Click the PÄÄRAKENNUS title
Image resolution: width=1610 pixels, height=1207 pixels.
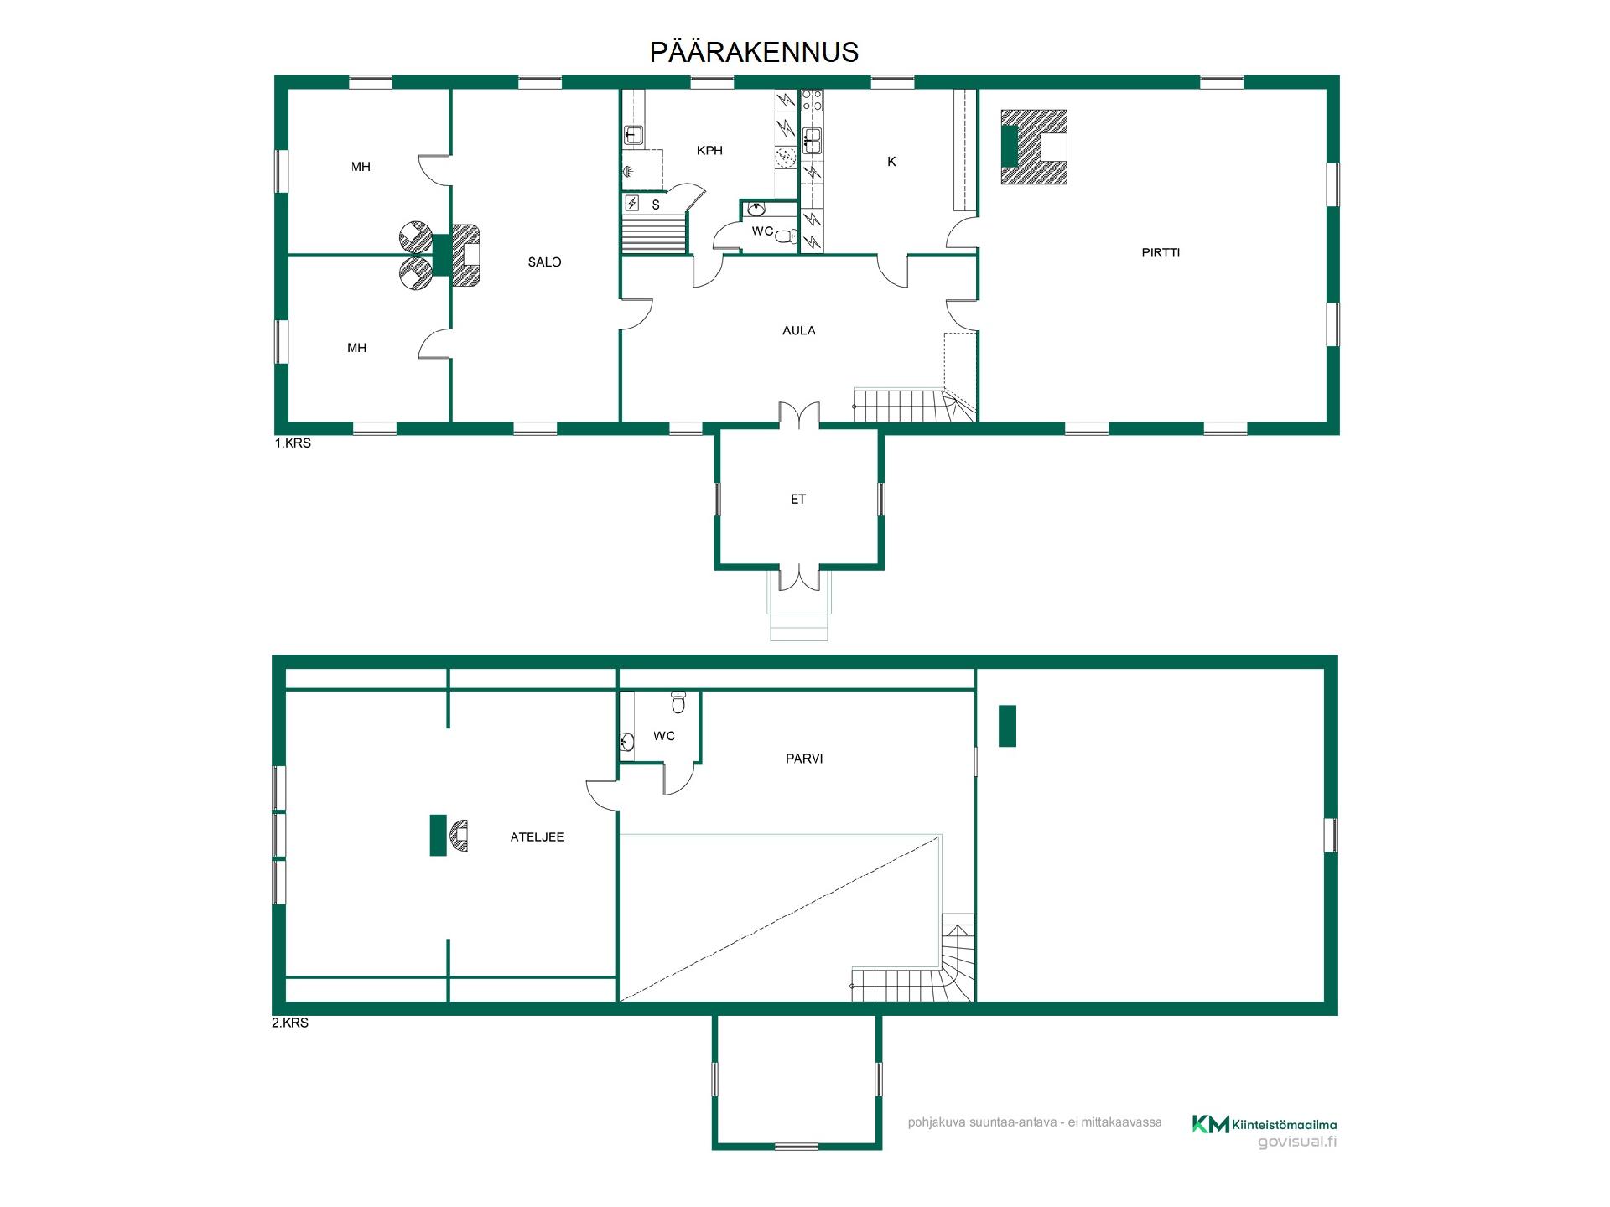coord(755,52)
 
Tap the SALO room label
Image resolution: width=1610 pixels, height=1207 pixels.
coord(544,262)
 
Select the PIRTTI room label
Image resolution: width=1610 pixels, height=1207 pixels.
coord(1161,252)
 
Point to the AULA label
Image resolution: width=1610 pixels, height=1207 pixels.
coord(799,330)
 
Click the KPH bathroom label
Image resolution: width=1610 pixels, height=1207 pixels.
coord(709,151)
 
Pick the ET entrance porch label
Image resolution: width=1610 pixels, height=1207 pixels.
coord(798,499)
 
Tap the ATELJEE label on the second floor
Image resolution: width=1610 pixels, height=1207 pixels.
coord(538,837)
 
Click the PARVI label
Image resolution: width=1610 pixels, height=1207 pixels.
coord(804,759)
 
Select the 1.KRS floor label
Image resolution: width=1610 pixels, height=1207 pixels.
coord(293,443)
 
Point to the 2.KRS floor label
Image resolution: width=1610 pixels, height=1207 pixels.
coord(290,1023)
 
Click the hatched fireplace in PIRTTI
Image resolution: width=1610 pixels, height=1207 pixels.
coord(1034,147)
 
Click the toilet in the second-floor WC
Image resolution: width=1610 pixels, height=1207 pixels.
coord(678,702)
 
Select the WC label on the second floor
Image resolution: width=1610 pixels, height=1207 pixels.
coord(664,736)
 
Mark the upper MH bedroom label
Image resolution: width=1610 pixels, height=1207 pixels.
coord(361,167)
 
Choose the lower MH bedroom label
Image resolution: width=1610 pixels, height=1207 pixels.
coord(357,348)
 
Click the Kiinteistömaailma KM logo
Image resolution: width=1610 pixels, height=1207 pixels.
coord(1211,1124)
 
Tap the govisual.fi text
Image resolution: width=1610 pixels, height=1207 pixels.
coord(1297,1142)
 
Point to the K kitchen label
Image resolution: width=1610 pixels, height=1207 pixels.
coord(891,162)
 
